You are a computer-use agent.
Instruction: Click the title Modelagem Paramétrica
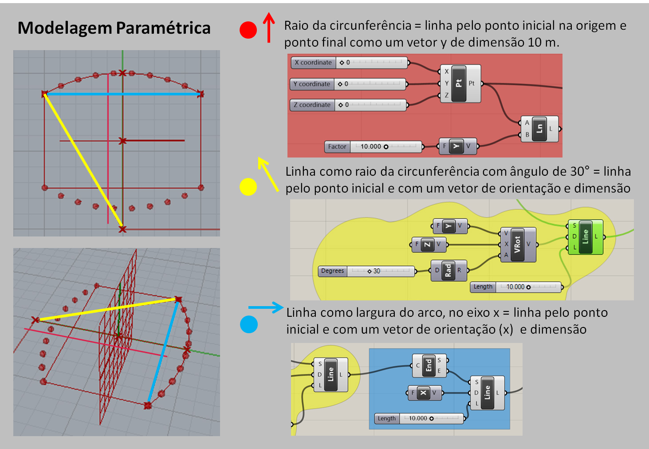[114, 28]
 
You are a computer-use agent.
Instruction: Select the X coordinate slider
[350, 63]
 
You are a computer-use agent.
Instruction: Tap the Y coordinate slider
[349, 84]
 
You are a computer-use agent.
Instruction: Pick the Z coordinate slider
[349, 105]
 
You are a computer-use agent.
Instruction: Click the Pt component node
[460, 83]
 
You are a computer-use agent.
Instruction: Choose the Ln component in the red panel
[539, 129]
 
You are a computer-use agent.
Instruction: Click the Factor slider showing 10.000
[374, 147]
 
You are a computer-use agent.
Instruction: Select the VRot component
[517, 244]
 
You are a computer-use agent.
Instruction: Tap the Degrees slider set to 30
[367, 271]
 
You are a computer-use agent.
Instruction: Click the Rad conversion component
[448, 271]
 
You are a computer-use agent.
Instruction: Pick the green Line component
[585, 237]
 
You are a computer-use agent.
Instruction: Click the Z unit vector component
[429, 244]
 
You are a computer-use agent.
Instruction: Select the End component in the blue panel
[429, 366]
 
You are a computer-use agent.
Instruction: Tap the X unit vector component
[424, 393]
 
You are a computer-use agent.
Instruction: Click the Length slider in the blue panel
[420, 418]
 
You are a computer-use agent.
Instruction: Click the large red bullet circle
[248, 30]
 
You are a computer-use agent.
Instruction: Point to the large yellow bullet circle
[248, 187]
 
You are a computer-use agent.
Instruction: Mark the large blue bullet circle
[249, 324]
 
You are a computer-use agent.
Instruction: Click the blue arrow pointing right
[266, 307]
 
